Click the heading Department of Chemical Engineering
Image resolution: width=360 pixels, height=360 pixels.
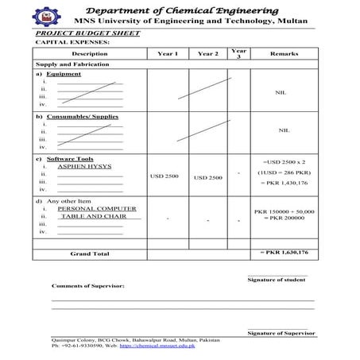point(199,9)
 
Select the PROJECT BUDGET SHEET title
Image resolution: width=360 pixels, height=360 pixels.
point(87,33)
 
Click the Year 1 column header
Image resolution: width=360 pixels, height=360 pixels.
point(168,53)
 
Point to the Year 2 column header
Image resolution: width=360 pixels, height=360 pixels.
point(207,53)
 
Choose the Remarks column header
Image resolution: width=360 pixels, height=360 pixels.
point(284,53)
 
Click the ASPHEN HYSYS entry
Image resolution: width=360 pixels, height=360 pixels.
point(85,167)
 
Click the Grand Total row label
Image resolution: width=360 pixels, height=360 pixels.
point(90,254)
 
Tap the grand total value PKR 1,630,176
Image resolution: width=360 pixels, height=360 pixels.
point(284,252)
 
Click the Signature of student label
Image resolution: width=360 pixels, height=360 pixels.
point(277,280)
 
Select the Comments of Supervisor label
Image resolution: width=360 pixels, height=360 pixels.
point(88,285)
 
